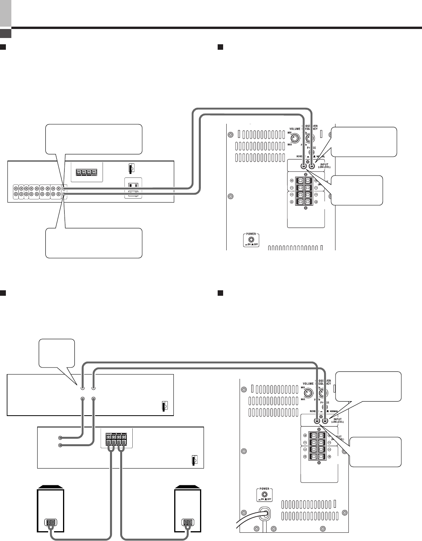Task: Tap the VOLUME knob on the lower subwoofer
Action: (x=309, y=393)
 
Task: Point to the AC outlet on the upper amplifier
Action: (x=133, y=188)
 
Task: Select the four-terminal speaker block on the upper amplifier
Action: (x=86, y=172)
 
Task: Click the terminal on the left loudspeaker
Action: (x=50, y=523)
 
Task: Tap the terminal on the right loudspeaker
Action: (x=188, y=523)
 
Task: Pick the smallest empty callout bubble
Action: (x=57, y=353)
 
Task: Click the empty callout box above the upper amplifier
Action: (x=94, y=139)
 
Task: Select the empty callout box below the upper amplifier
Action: (x=94, y=243)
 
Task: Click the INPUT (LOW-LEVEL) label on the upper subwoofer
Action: (x=325, y=166)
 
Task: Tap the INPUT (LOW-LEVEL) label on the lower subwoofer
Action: (x=337, y=421)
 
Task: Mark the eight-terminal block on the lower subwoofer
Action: (x=317, y=446)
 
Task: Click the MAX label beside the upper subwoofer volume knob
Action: (x=290, y=145)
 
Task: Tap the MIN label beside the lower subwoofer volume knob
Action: (x=303, y=387)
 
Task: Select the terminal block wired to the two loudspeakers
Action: (x=115, y=439)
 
